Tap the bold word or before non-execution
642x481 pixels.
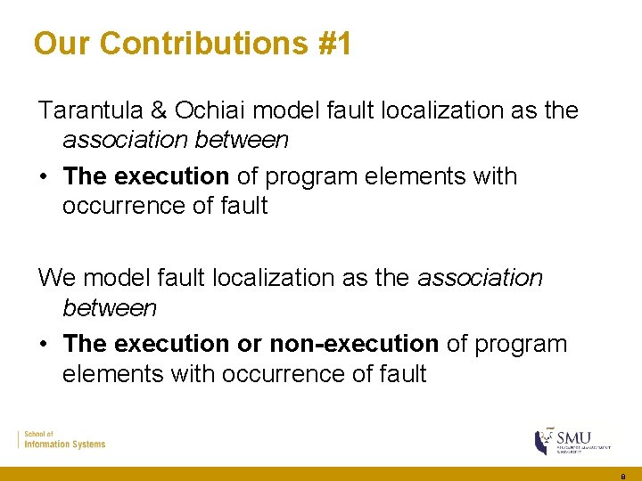250,343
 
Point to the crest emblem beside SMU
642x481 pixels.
542,441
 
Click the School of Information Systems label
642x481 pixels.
64,439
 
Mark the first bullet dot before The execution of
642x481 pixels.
43,176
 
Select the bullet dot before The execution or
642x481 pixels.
43,343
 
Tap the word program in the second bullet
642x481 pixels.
521,343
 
